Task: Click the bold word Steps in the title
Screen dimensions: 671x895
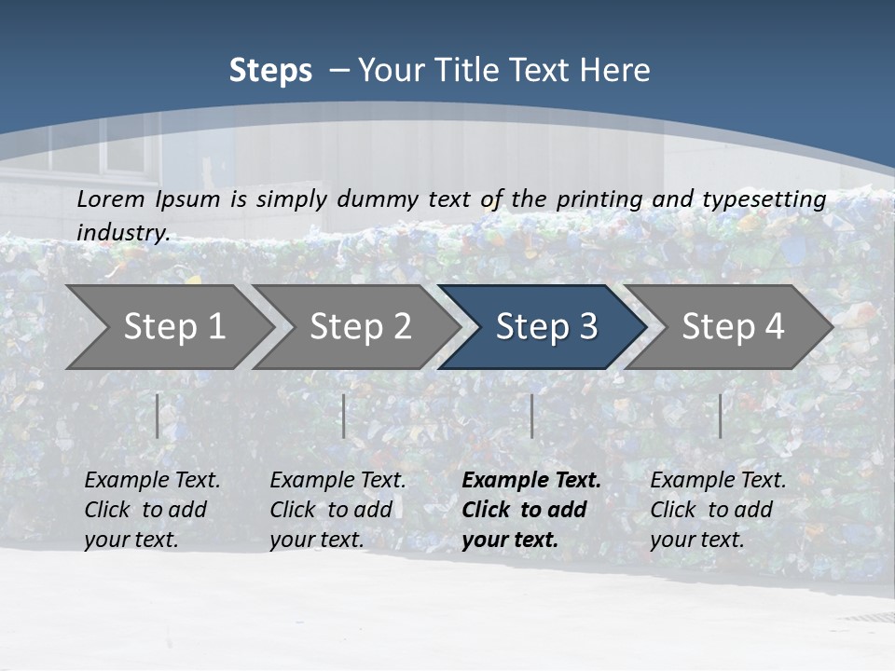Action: (x=270, y=71)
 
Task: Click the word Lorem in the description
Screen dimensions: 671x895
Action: (x=111, y=199)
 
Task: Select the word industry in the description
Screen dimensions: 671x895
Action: (x=122, y=232)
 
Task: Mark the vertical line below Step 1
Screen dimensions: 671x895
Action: (x=157, y=416)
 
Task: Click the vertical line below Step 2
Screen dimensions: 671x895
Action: (x=343, y=416)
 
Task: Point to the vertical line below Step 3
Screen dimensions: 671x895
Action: (x=531, y=416)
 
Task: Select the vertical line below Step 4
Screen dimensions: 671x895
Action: (x=720, y=416)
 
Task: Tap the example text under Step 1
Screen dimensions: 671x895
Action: (x=152, y=510)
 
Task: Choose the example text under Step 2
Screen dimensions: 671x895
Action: (x=337, y=510)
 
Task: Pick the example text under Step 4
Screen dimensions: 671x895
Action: (x=718, y=510)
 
